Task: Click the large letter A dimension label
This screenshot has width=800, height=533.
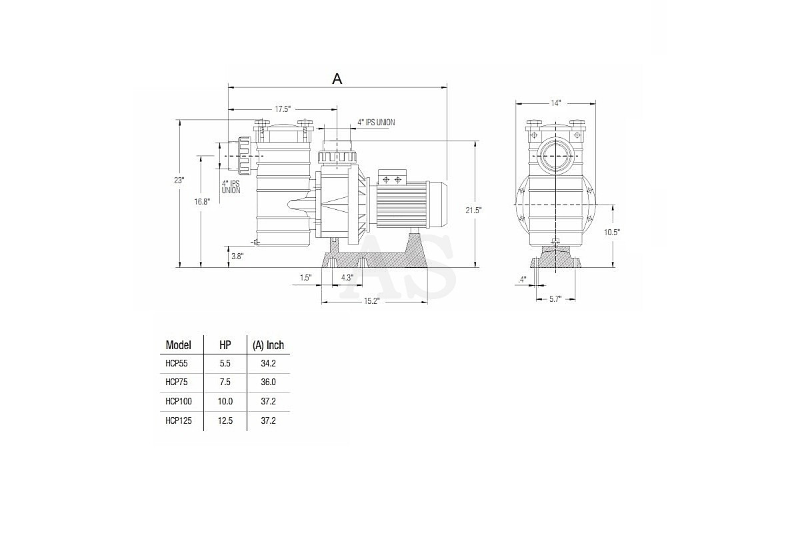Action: pos(337,79)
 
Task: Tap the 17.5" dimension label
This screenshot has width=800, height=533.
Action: pos(283,109)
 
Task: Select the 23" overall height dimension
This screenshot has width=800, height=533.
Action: pos(179,181)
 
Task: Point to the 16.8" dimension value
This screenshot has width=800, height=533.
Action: pos(202,202)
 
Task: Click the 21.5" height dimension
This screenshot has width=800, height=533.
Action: pos(473,211)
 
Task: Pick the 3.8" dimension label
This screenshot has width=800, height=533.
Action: pos(237,257)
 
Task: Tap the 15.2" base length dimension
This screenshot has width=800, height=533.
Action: pos(371,301)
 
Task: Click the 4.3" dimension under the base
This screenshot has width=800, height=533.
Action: pos(347,278)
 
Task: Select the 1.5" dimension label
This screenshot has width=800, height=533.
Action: pos(306,278)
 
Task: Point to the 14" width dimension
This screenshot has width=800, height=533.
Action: pos(556,103)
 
